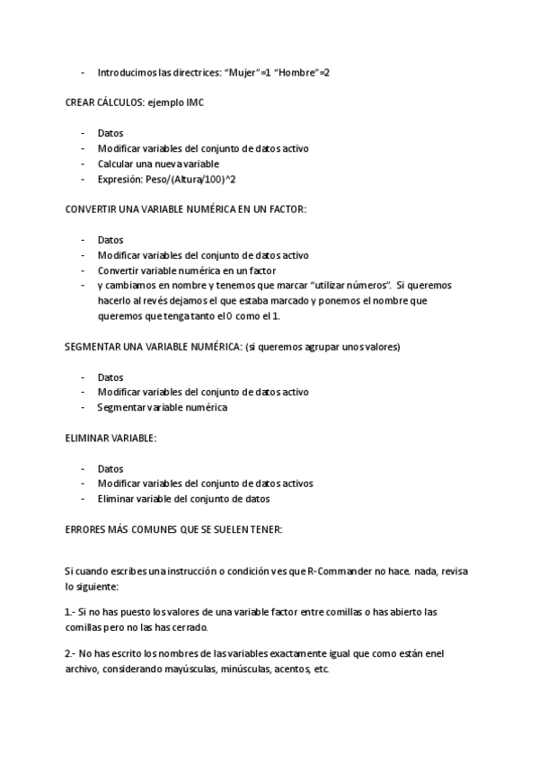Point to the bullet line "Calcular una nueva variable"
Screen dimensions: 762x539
(158, 164)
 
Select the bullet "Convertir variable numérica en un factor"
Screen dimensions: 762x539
(187, 270)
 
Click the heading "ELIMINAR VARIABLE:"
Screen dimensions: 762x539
(110, 438)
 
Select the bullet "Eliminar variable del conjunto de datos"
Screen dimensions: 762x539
(184, 499)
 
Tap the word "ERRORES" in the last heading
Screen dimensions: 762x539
(87, 529)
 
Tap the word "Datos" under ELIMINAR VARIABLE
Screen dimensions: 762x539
(110, 468)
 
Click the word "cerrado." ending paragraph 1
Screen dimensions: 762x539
(190, 627)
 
